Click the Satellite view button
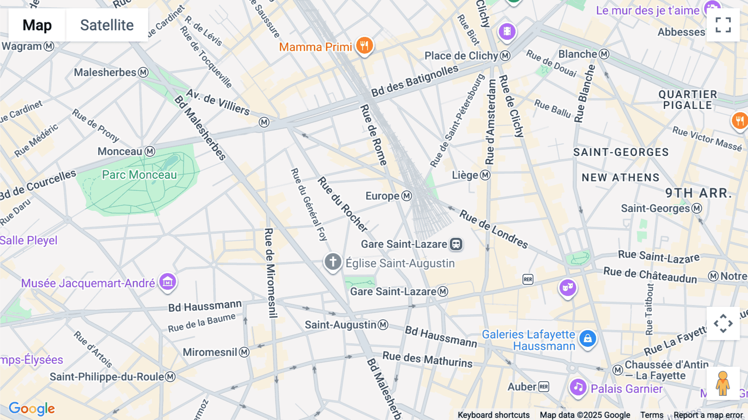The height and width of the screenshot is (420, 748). click(107, 25)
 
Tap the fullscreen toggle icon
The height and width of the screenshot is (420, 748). click(723, 25)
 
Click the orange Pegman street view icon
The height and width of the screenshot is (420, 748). click(723, 383)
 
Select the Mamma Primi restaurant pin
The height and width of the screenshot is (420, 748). click(364, 45)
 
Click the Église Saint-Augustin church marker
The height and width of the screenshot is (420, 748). click(333, 262)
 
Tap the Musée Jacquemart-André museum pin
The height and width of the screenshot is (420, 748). click(167, 282)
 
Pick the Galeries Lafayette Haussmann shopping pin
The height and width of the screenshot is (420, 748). click(588, 338)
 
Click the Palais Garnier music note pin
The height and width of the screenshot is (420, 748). click(578, 388)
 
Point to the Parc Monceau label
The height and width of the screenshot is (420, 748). click(139, 175)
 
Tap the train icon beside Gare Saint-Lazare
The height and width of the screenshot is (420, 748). click(456, 244)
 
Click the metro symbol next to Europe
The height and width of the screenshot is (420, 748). click(407, 196)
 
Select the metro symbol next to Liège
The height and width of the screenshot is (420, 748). click(485, 175)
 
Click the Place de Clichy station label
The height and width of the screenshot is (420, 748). click(461, 56)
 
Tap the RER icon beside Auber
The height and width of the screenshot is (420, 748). click(544, 387)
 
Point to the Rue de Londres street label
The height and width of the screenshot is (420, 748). click(493, 229)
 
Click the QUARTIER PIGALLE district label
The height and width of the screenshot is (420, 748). click(688, 100)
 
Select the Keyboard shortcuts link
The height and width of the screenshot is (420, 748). click(493, 415)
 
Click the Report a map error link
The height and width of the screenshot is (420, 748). click(708, 415)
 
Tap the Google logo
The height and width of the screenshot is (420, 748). click(32, 409)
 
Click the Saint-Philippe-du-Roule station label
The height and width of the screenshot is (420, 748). click(107, 377)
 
